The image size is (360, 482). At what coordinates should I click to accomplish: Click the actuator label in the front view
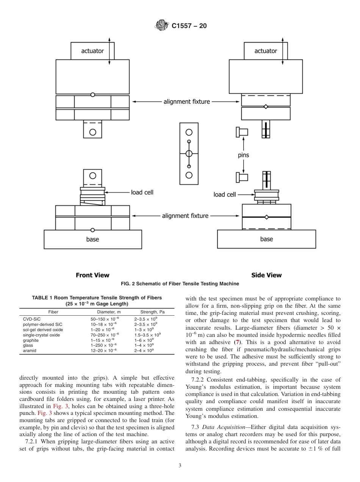point(92,51)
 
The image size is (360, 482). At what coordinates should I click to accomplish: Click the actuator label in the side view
point(266,51)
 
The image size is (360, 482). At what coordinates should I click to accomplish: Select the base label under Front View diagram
point(92,239)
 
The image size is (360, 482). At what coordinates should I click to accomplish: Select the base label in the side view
point(266,239)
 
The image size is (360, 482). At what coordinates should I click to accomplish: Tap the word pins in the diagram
point(243,155)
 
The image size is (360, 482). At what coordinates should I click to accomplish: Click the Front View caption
point(92,275)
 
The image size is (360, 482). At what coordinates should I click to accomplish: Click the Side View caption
point(266,275)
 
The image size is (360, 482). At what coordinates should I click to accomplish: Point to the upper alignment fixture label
point(186,102)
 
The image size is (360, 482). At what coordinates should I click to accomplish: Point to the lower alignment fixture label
point(185,216)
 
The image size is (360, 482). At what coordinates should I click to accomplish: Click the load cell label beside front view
point(142,192)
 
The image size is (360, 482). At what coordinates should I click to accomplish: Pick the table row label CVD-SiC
point(32,319)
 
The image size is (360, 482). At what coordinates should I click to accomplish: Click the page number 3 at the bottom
point(180,466)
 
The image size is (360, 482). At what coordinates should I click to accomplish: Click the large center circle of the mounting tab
point(189,153)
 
